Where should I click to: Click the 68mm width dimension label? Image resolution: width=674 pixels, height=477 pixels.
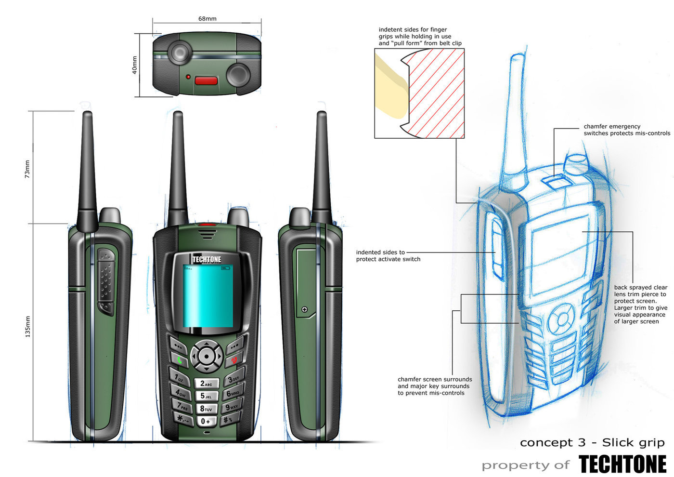pos(207,19)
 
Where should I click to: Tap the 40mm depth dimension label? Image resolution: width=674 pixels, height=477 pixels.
pos(135,65)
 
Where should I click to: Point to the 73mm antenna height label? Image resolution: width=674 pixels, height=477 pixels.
pos(27,169)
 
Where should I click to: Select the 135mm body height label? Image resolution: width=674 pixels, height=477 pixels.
pos(27,326)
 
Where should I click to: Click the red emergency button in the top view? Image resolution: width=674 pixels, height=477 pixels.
pos(207,80)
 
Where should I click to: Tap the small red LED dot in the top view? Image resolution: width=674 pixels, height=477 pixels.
pos(188,77)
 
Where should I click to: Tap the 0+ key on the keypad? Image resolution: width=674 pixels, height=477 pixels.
pos(206,421)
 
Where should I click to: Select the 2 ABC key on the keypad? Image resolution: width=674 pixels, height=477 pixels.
pos(206,384)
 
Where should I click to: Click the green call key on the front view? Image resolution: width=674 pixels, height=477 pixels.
pos(179,359)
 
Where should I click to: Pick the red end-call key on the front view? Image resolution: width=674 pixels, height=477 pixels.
pos(234,359)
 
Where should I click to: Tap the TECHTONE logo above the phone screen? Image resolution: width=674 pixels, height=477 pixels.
pos(207,260)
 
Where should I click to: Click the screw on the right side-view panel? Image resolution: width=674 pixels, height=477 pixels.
pos(304,309)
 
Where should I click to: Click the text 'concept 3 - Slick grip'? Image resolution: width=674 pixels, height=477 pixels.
pos(592,442)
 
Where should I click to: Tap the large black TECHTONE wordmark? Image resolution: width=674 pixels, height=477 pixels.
pos(622,464)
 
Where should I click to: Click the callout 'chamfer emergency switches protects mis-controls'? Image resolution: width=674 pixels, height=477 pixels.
pos(626,130)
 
